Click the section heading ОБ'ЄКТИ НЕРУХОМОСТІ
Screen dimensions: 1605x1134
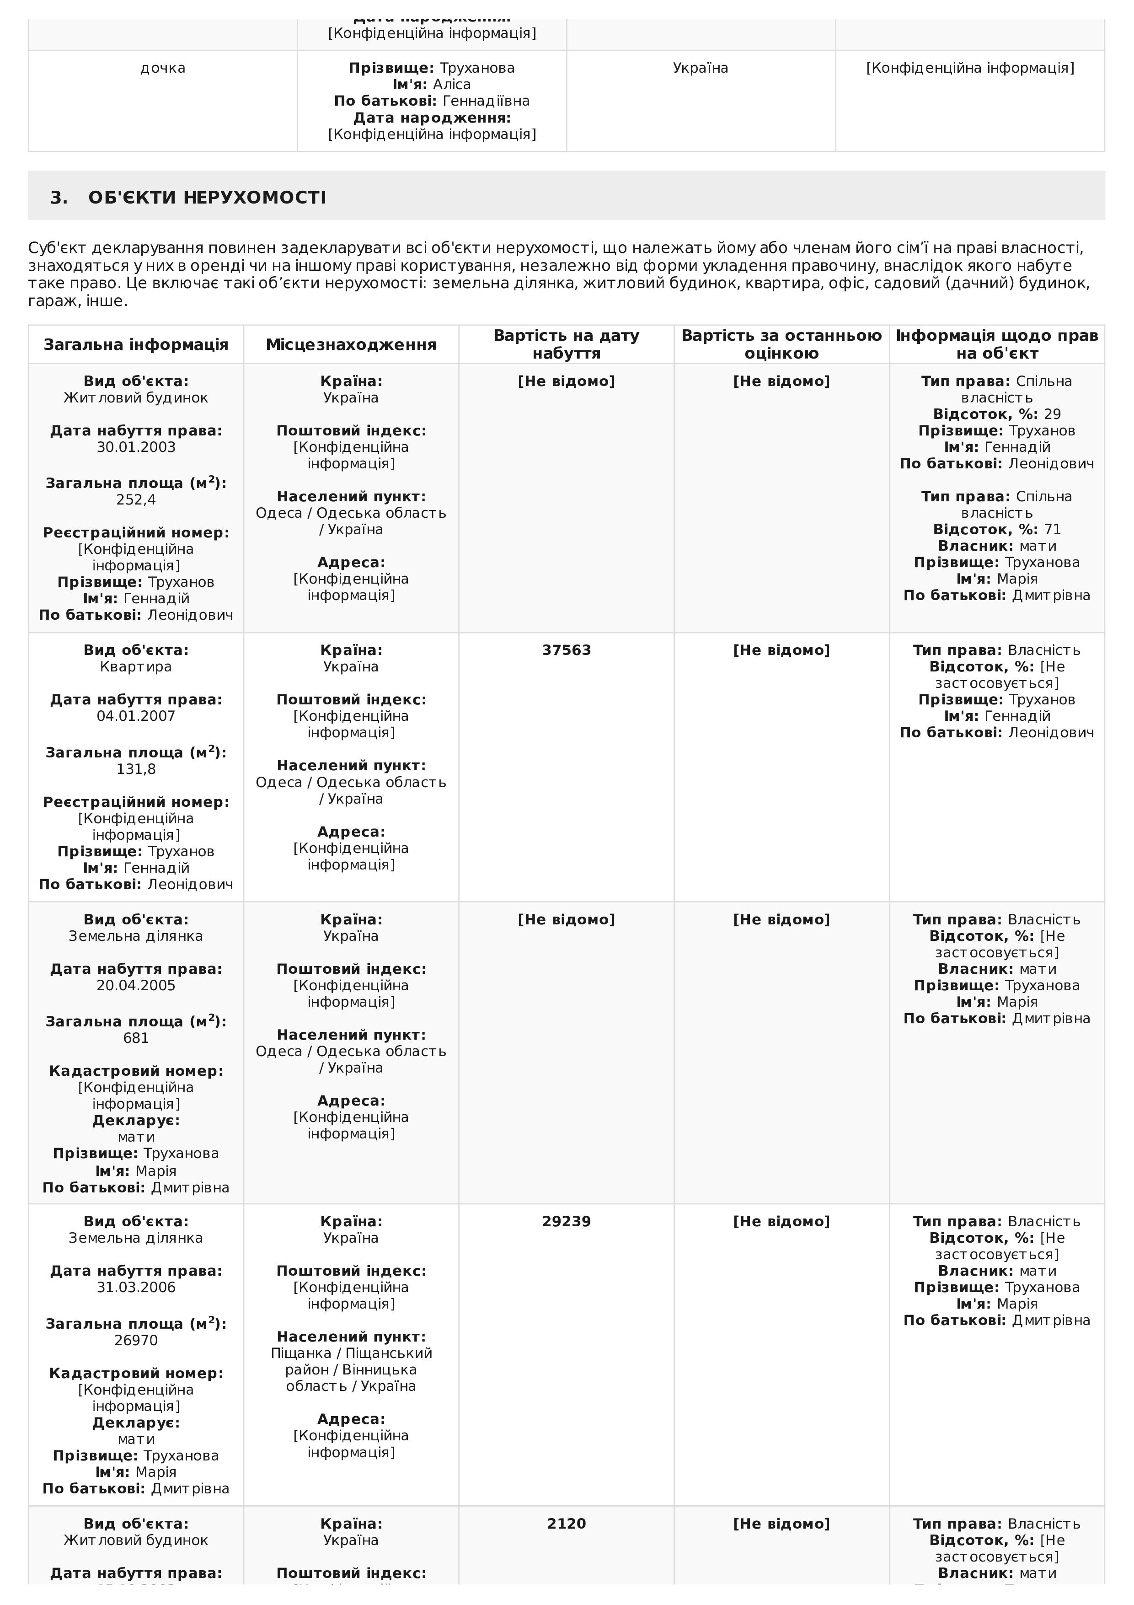pyautogui.click(x=207, y=198)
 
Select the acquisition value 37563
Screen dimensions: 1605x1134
pyautogui.click(x=566, y=650)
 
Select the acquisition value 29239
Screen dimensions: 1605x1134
pyautogui.click(x=566, y=1221)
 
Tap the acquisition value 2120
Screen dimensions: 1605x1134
pyautogui.click(x=566, y=1524)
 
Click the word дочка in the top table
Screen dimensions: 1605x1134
pyautogui.click(x=163, y=68)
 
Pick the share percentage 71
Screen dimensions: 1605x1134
pyautogui.click(x=1052, y=530)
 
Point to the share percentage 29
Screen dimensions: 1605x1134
pyautogui.click(x=1052, y=414)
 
